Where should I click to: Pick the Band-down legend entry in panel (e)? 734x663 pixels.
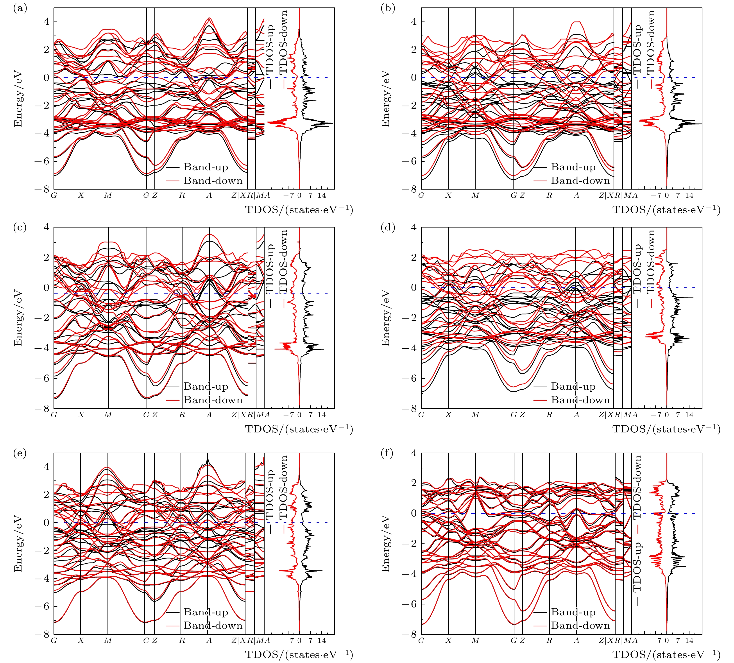(x=213, y=625)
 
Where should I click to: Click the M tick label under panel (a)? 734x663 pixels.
(x=108, y=195)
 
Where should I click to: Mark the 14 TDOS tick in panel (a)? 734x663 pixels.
(x=322, y=195)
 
